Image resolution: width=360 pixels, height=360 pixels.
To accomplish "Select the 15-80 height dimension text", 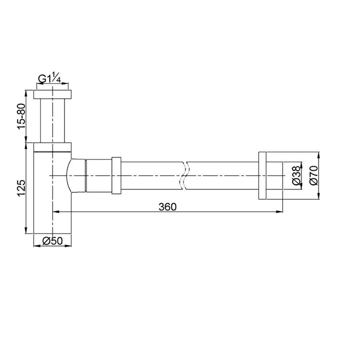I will pyautogui.click(x=21, y=116).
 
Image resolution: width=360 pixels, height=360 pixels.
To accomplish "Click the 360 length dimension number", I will pyautogui.click(x=167, y=207).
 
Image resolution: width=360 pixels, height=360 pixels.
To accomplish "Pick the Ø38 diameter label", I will pyautogui.click(x=296, y=176).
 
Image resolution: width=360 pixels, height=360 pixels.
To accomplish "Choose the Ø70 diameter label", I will pyautogui.click(x=313, y=175).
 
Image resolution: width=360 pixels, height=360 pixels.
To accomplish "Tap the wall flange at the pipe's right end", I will pyautogui.click(x=262, y=176).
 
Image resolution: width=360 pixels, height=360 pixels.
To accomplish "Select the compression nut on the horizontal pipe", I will pyautogui.click(x=116, y=176).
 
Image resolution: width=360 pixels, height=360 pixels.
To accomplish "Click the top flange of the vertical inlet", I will pyautogui.click(x=52, y=95).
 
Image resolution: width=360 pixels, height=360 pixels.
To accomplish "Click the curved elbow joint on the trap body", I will pyautogui.click(x=76, y=176).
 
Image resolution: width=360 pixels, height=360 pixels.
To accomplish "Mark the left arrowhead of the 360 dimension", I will pyautogui.click(x=55, y=211).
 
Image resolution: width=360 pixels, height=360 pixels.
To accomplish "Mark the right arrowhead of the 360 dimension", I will pyautogui.click(x=280, y=211).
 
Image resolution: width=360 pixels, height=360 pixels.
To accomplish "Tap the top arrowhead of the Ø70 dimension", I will pyautogui.click(x=319, y=154).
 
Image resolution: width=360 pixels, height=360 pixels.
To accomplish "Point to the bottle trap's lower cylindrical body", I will pyautogui.click(x=51, y=206).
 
